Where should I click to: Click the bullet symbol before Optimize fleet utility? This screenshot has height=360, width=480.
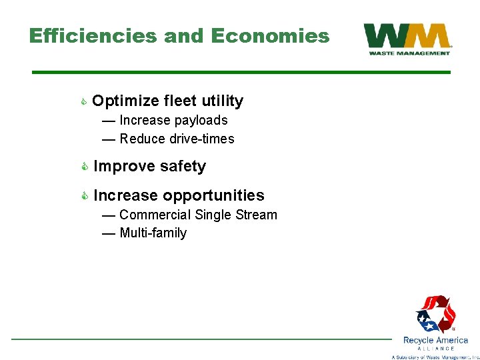pyautogui.click(x=83, y=101)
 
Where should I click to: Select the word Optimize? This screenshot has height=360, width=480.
pyautogui.click(x=125, y=101)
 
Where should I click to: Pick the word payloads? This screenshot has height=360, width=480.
pyautogui.click(x=203, y=121)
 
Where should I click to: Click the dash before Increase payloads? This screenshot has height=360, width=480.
pyautogui.click(x=108, y=121)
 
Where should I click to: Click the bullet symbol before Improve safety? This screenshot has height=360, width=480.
pyautogui.click(x=84, y=167)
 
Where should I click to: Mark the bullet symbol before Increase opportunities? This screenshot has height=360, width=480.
pyautogui.click(x=84, y=195)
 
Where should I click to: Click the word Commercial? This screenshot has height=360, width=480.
pyautogui.click(x=155, y=215)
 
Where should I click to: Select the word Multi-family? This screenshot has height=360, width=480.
pyautogui.click(x=153, y=233)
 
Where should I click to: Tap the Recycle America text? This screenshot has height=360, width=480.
pyautogui.click(x=435, y=340)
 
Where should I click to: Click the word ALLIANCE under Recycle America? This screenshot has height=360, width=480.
pyautogui.click(x=435, y=349)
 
